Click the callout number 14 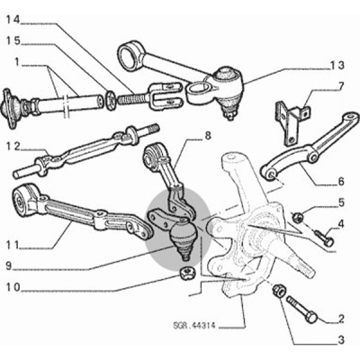coord(13,20)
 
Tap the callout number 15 coord(13,40)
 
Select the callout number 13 coord(337,66)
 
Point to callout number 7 coord(341,86)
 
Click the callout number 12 coord(13,147)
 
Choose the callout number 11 coord(13,246)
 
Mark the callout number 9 coord(8,266)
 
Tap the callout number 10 coord(13,287)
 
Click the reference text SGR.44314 coord(194,326)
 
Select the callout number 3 coord(341,340)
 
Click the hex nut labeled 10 coord(187,274)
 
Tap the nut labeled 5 coord(298,216)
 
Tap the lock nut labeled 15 coord(111,99)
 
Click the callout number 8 coord(208,136)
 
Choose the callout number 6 coord(341,181)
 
